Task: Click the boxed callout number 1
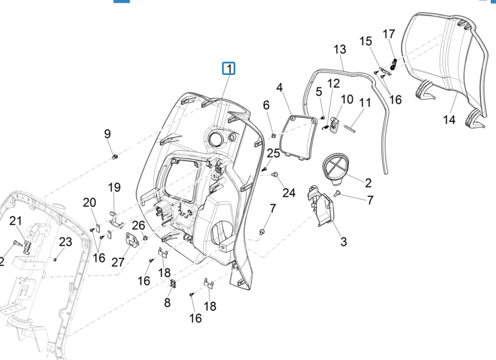230,69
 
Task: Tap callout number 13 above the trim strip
340,50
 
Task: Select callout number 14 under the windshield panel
449,119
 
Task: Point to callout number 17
389,33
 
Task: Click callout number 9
107,134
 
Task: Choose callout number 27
118,262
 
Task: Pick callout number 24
289,193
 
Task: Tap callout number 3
344,242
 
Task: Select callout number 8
167,302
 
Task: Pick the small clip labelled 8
172,284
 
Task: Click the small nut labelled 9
115,156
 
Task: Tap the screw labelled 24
275,174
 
